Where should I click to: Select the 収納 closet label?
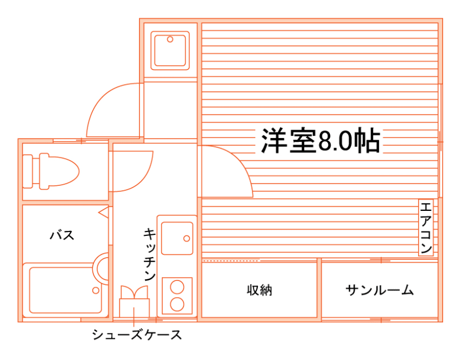pyautogui.click(x=259, y=290)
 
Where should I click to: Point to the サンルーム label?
pyautogui.click(x=380, y=290)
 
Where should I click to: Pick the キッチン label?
pyautogui.click(x=149, y=253)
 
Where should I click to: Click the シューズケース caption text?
pyautogui.click(x=136, y=335)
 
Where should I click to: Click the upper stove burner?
pyautogui.click(x=177, y=287)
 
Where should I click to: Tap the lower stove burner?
pyautogui.click(x=177, y=304)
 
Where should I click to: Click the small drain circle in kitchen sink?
pyautogui.click(x=186, y=238)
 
